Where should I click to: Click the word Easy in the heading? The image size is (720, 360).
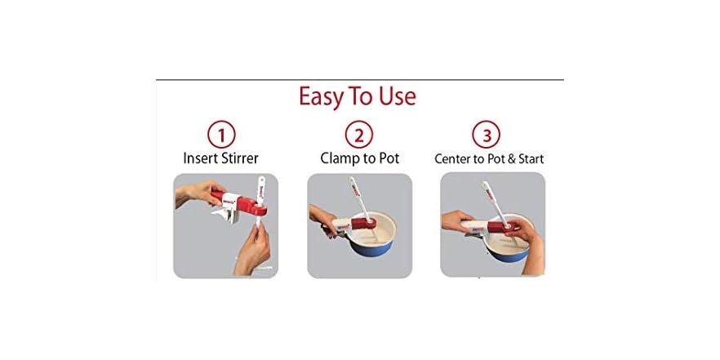[322, 96]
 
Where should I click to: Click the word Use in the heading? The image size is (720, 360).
[395, 96]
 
